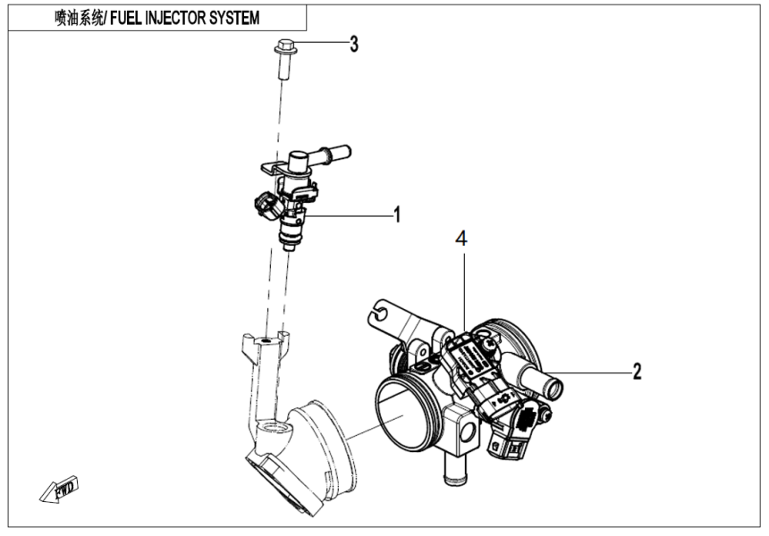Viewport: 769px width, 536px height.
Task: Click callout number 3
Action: coord(354,44)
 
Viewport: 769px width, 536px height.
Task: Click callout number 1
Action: coord(396,214)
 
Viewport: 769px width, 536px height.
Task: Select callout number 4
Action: coord(460,239)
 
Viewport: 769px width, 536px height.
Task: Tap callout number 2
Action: coord(637,372)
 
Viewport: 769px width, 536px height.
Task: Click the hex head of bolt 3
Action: coord(283,45)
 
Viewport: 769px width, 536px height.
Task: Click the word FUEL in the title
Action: coord(129,18)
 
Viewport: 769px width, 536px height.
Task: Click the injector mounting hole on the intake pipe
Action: coord(266,339)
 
